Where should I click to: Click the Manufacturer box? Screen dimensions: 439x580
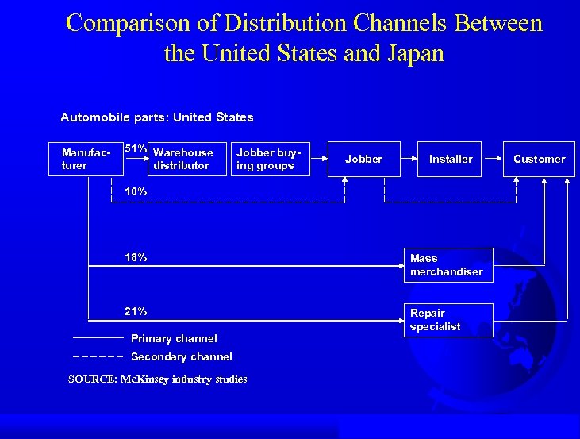[86, 159]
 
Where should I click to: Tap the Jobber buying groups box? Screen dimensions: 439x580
[267, 159]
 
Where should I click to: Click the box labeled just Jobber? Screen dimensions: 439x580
[363, 159]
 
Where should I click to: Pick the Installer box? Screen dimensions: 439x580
[451, 159]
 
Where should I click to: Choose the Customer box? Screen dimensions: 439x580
[539, 159]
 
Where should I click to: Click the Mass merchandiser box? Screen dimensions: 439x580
[447, 265]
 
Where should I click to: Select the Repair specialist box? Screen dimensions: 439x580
[447, 320]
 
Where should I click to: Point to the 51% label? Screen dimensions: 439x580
[136, 148]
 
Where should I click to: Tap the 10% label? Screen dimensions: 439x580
[136, 191]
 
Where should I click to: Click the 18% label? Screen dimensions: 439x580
[136, 257]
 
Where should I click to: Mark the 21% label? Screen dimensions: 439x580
[136, 311]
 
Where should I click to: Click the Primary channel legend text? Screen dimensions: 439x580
[174, 338]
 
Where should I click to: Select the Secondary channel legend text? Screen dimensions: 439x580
[181, 356]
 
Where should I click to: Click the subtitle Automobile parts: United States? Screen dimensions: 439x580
[157, 117]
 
